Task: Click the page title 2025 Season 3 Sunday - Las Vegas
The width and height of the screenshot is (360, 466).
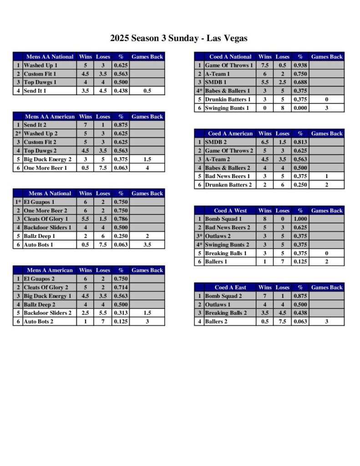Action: tap(179, 38)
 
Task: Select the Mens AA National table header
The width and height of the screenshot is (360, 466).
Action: tap(50, 57)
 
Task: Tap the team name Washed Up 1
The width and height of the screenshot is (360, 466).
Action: tap(41, 66)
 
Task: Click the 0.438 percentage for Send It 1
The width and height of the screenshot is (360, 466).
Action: tap(121, 91)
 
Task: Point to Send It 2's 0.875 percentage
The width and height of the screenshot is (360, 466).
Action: tap(121, 125)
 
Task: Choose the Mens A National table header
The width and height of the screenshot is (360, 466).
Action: tap(50, 193)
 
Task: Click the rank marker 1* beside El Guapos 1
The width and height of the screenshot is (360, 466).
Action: tap(18, 202)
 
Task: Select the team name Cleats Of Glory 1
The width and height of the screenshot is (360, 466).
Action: tap(46, 219)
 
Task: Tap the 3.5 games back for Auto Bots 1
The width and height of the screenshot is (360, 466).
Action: tap(147, 245)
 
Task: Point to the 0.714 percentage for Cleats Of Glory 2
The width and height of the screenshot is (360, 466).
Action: tap(121, 288)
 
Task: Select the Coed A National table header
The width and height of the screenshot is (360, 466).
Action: tap(230, 57)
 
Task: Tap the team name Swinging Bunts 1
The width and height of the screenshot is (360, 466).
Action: tap(227, 108)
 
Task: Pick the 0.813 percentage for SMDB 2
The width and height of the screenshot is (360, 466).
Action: tap(300, 142)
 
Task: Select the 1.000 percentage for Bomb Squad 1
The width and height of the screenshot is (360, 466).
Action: tap(300, 219)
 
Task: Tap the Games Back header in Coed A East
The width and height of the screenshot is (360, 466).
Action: tap(326, 288)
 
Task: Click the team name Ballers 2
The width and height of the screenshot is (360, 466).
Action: tap(217, 322)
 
